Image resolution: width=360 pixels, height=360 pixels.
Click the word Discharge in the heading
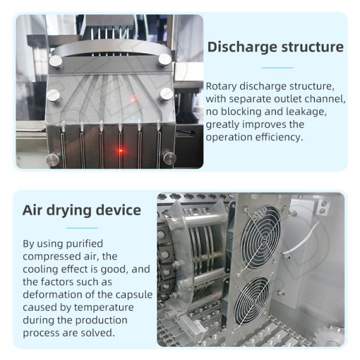point(242,47)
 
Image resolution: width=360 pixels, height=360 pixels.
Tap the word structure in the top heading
point(313,47)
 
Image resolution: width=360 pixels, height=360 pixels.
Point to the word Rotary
point(221,87)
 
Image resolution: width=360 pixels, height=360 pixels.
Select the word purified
point(84,244)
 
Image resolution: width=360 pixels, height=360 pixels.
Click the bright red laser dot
point(121,151)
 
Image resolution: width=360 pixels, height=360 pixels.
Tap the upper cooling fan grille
point(261,237)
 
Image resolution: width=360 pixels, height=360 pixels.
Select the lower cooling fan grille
point(252,301)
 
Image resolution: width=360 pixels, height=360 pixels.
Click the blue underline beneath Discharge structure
point(277,68)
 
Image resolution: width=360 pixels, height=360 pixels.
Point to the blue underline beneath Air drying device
point(82,228)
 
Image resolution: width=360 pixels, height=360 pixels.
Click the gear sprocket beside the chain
point(329,336)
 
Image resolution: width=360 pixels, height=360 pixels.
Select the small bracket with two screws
point(323,207)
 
